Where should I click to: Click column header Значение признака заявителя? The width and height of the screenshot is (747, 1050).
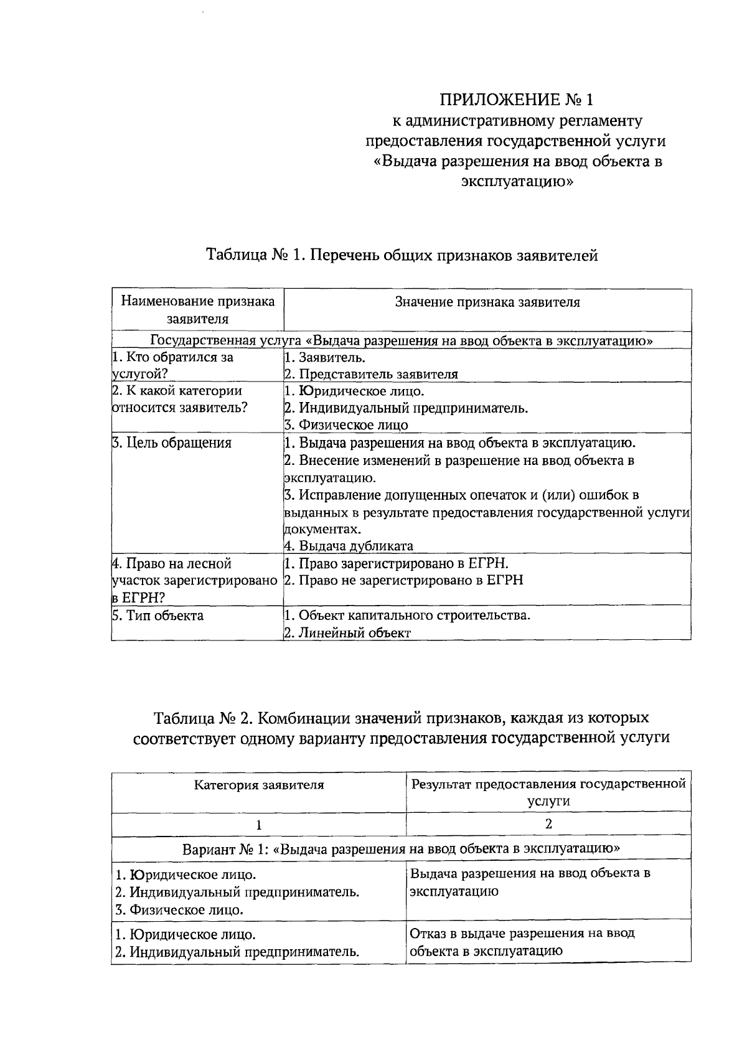pyautogui.click(x=487, y=302)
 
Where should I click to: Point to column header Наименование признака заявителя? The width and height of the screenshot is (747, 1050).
pyautogui.click(x=197, y=310)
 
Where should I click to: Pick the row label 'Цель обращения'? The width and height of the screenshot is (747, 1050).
pyautogui.click(x=172, y=443)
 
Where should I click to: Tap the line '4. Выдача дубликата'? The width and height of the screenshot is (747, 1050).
pyautogui.click(x=349, y=546)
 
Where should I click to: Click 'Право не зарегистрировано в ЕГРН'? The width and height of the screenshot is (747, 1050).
pyautogui.click(x=403, y=580)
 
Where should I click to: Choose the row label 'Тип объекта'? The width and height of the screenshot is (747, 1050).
pyautogui.click(x=157, y=616)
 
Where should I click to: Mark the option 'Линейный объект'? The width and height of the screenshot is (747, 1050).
pyautogui.click(x=347, y=633)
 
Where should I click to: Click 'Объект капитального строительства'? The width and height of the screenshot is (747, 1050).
pyautogui.click(x=407, y=616)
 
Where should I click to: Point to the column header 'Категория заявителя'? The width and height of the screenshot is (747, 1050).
pyautogui.click(x=259, y=785)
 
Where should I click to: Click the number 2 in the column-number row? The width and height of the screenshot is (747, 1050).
pyautogui.click(x=548, y=824)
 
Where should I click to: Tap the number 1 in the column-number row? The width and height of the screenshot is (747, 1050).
pyautogui.click(x=259, y=825)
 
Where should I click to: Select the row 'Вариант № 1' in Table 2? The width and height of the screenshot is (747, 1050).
pyautogui.click(x=401, y=848)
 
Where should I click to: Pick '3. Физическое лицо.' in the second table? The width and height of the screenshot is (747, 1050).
pyautogui.click(x=179, y=910)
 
